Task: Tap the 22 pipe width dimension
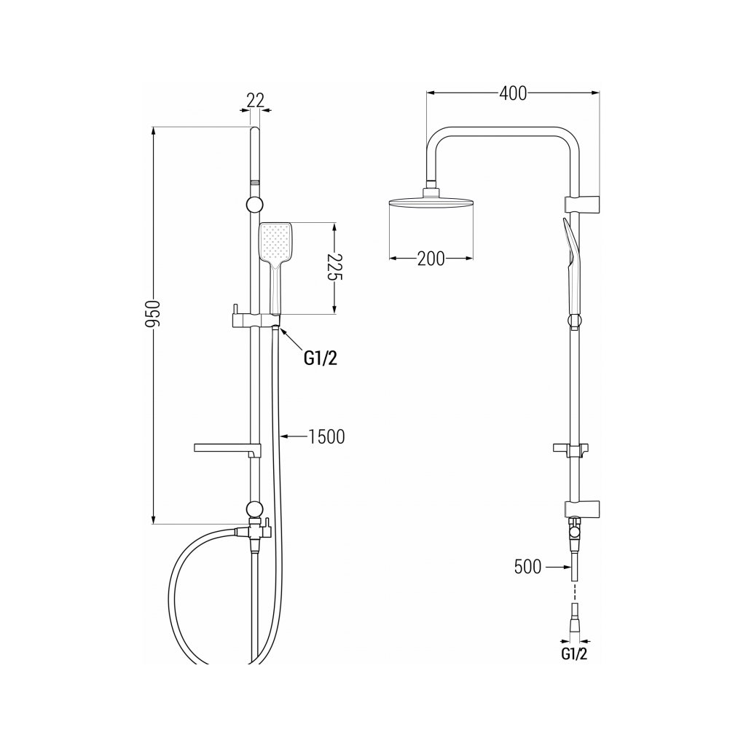pos(254,100)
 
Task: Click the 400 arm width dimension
pos(513,93)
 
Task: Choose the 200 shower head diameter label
pos(431,259)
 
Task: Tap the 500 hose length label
pos(527,567)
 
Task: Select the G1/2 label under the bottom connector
pos(574,653)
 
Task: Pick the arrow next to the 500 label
pos(555,567)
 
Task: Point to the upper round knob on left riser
pos(254,204)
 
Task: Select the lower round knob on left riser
pos(254,509)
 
